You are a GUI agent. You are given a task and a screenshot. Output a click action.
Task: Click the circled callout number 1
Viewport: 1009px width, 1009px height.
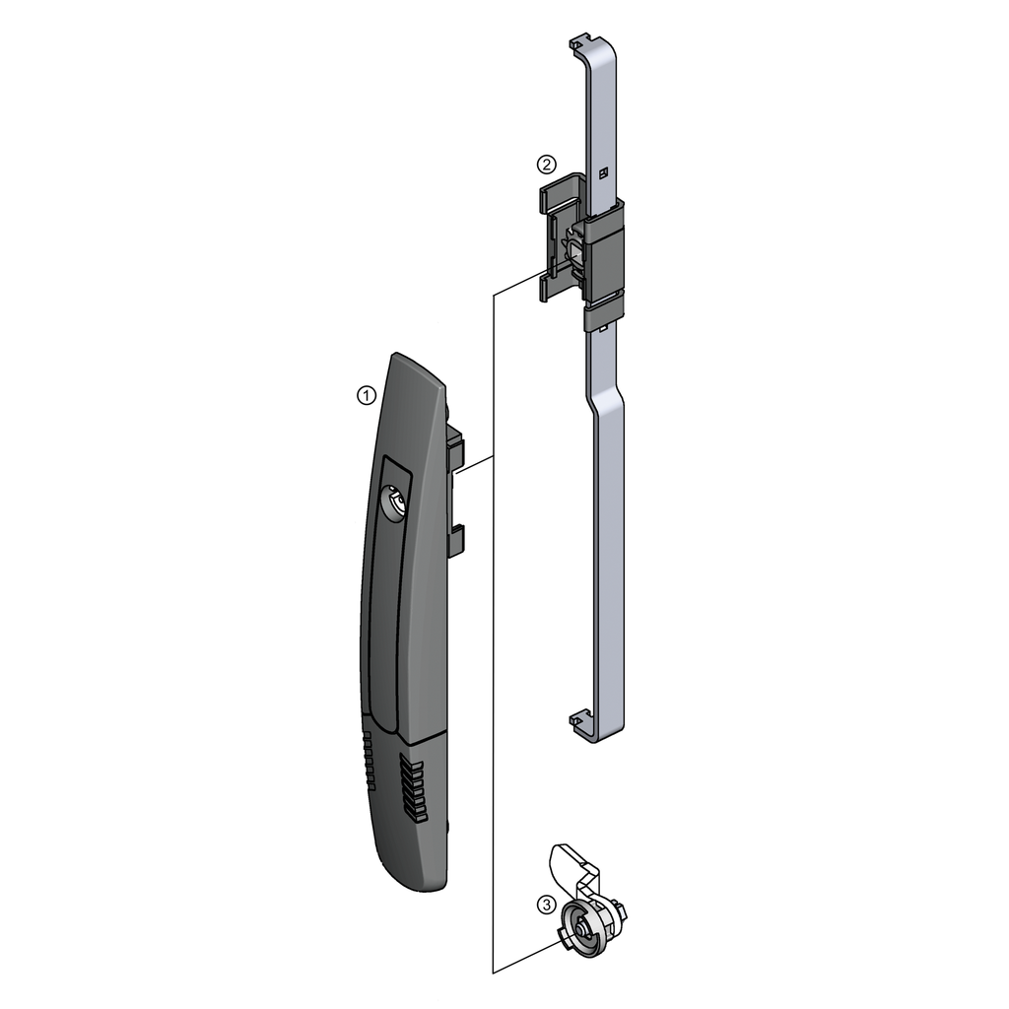(x=367, y=395)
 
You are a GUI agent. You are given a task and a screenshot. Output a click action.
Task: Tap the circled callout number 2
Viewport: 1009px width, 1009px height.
(x=546, y=165)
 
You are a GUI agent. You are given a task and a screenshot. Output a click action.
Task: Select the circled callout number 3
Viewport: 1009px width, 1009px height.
(x=546, y=905)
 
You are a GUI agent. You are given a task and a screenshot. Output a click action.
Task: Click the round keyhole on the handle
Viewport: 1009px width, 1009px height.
(x=393, y=500)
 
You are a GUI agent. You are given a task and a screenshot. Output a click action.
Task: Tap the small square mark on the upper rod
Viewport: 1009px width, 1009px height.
(x=604, y=172)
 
